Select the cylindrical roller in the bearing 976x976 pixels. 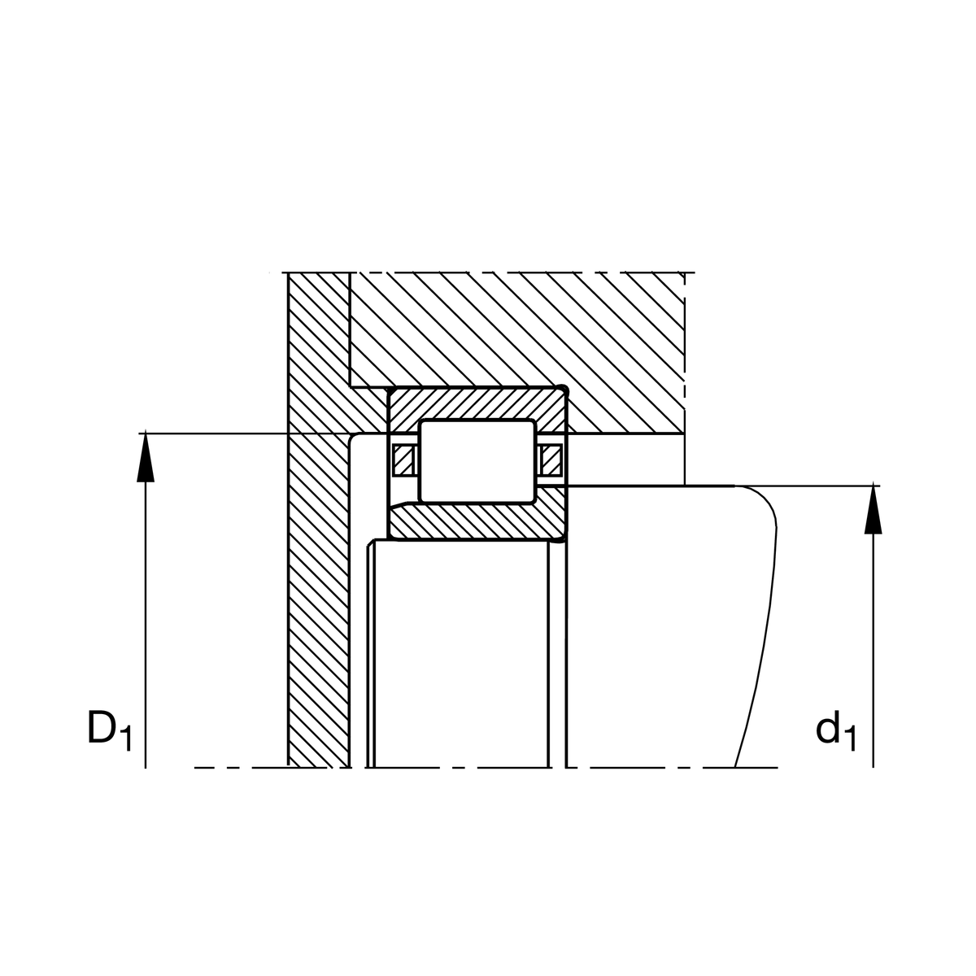[x=477, y=461]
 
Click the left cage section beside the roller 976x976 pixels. [x=403, y=461]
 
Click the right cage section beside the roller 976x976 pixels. [x=551, y=461]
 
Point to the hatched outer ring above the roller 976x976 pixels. [x=478, y=404]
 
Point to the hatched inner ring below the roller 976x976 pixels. [x=478, y=522]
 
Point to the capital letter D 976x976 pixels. [x=102, y=728]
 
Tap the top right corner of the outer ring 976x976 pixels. [x=564, y=390]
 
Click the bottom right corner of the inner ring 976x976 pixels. [x=564, y=538]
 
